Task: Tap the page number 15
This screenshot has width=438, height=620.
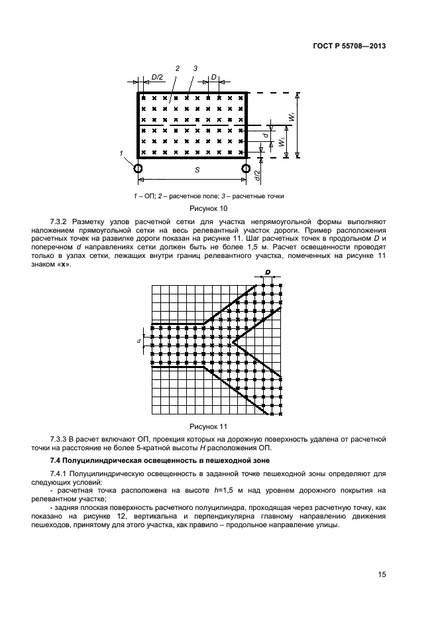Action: click(380, 574)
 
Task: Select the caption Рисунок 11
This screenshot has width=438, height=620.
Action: click(208, 426)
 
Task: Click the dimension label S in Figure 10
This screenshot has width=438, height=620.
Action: click(196, 170)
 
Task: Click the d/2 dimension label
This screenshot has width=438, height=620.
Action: click(256, 176)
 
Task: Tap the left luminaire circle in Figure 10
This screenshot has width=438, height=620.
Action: click(138, 168)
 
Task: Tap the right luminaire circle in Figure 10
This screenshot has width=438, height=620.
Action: click(247, 168)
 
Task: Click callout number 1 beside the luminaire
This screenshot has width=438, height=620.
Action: click(122, 153)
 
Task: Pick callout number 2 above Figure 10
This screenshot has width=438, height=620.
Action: click(178, 68)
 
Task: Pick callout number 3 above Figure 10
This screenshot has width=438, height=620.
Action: click(195, 68)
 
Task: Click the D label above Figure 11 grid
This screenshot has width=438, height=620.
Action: click(268, 273)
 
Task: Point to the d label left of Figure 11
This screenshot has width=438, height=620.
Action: click(139, 340)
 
